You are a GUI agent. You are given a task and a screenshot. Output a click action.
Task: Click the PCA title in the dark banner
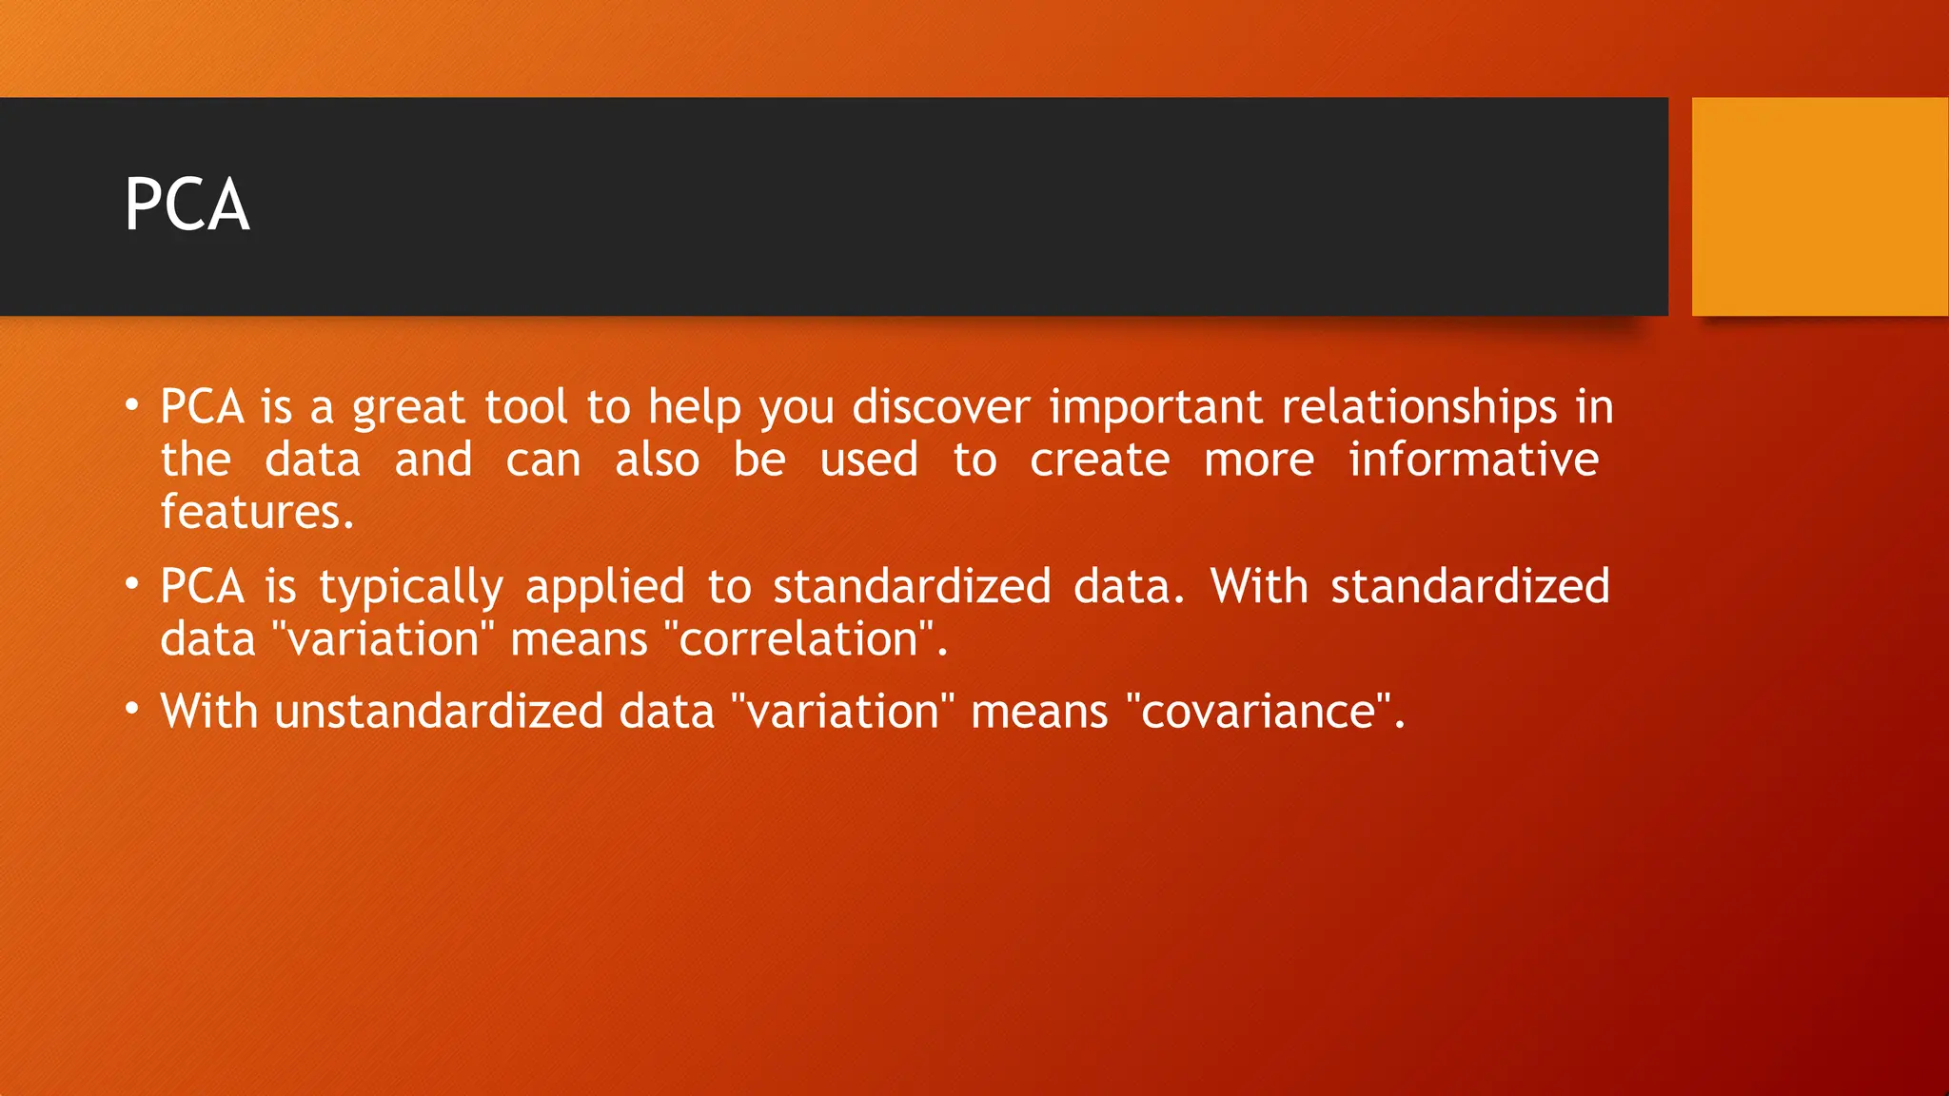click(x=187, y=205)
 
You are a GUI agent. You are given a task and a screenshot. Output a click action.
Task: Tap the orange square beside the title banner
click(x=1820, y=206)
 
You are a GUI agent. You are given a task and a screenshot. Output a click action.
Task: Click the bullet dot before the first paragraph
click(x=132, y=404)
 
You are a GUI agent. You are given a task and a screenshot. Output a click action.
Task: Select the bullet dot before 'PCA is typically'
click(x=132, y=583)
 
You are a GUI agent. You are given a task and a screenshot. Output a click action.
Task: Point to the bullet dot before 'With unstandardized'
click(x=132, y=709)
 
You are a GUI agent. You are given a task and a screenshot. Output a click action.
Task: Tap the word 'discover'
click(x=940, y=407)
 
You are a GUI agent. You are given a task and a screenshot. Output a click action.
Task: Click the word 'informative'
click(x=1473, y=460)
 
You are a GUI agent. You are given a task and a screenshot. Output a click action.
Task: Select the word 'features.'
click(x=257, y=512)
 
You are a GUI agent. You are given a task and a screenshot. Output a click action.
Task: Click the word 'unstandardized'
click(x=439, y=712)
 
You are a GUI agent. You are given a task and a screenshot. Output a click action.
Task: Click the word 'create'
click(x=1099, y=460)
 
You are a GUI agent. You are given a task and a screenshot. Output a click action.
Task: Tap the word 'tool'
click(x=525, y=407)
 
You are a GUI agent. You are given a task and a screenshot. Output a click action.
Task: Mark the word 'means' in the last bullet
click(x=1039, y=713)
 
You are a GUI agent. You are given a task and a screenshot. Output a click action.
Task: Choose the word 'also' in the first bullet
click(x=657, y=460)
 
